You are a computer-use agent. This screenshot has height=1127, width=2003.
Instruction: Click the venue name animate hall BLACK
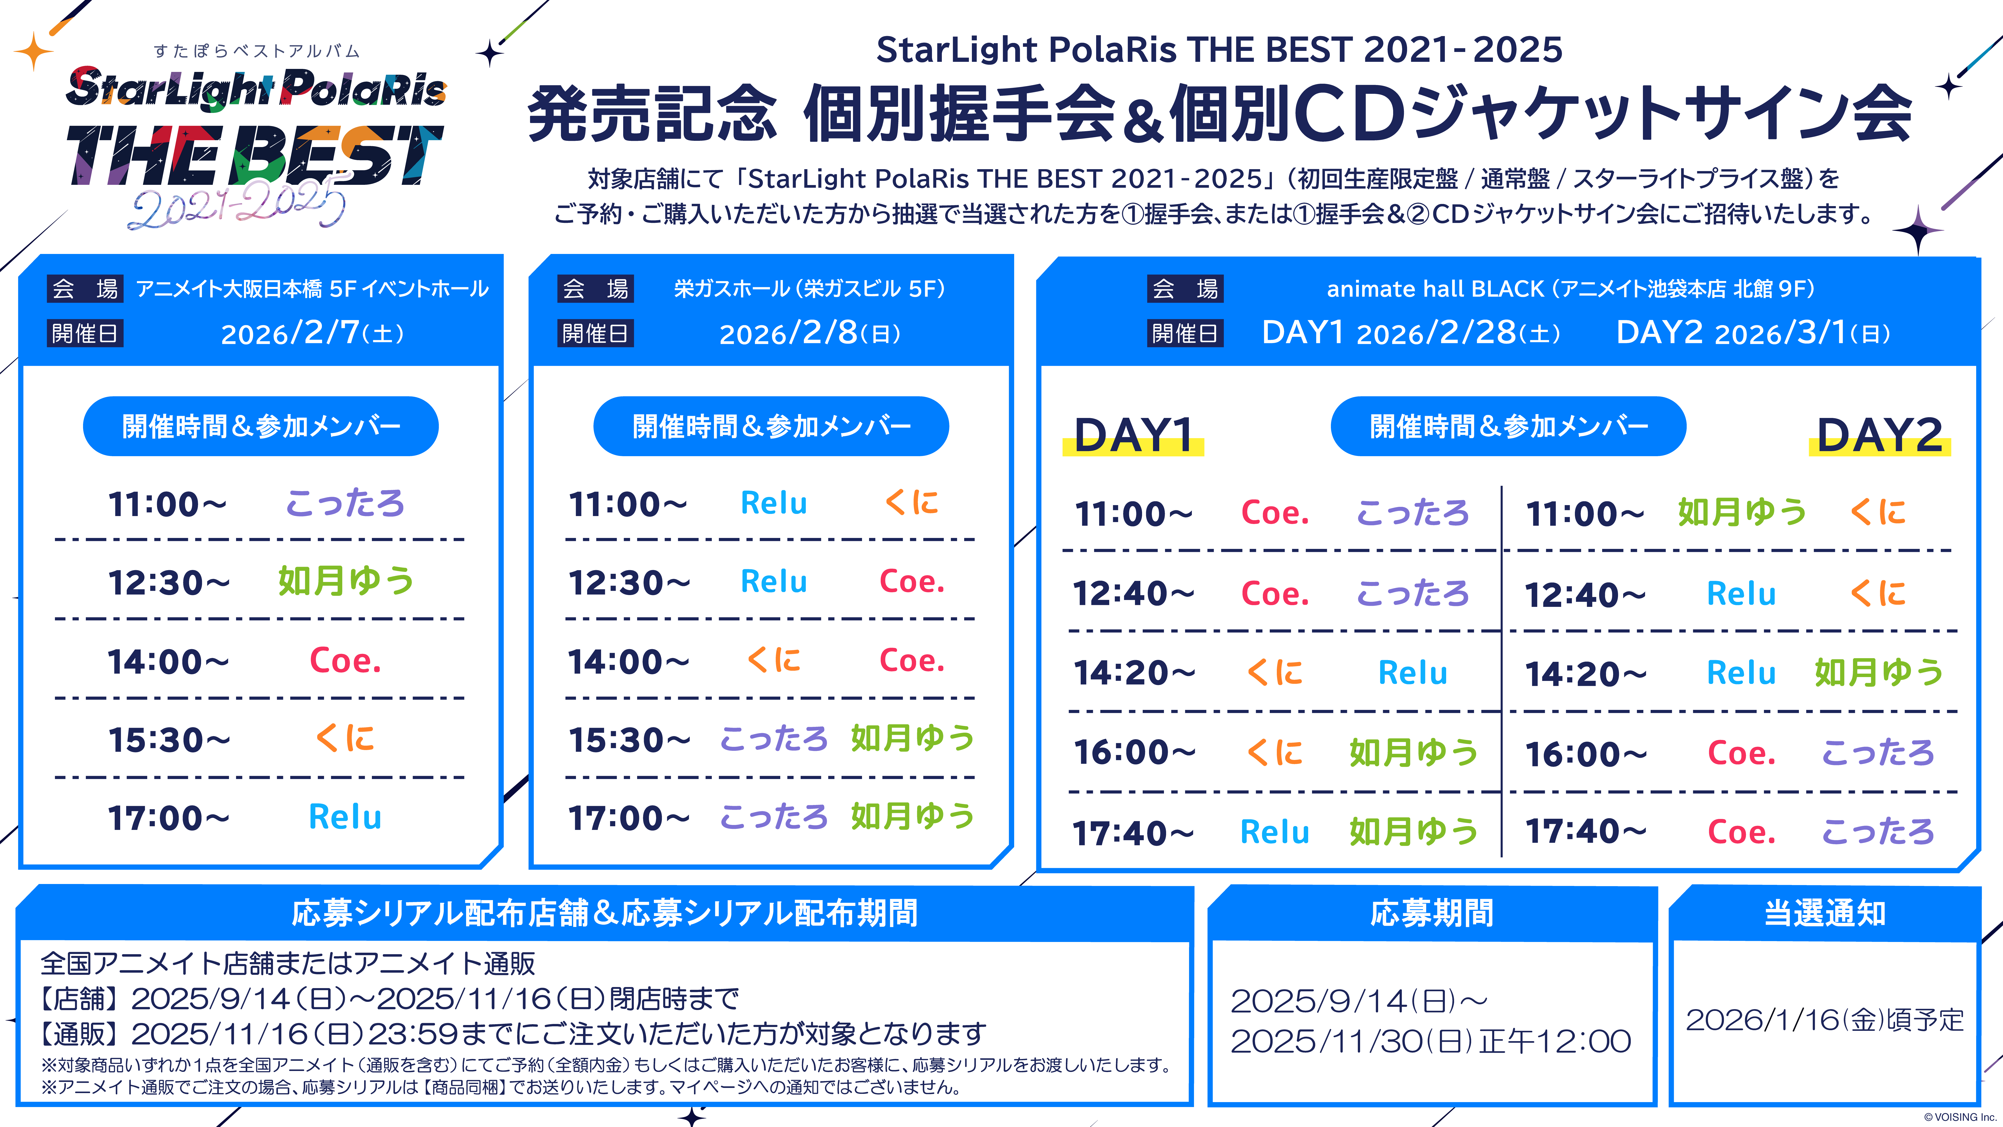pos(1435,289)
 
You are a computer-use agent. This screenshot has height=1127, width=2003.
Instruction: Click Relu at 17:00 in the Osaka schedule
pos(345,817)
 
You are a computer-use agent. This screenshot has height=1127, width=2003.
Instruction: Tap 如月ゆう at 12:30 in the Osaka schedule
pos(346,581)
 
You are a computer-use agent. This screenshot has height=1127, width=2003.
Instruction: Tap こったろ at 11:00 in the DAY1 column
pos(1413,513)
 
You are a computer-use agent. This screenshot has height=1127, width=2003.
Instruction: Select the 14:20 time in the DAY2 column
pos(1586,674)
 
